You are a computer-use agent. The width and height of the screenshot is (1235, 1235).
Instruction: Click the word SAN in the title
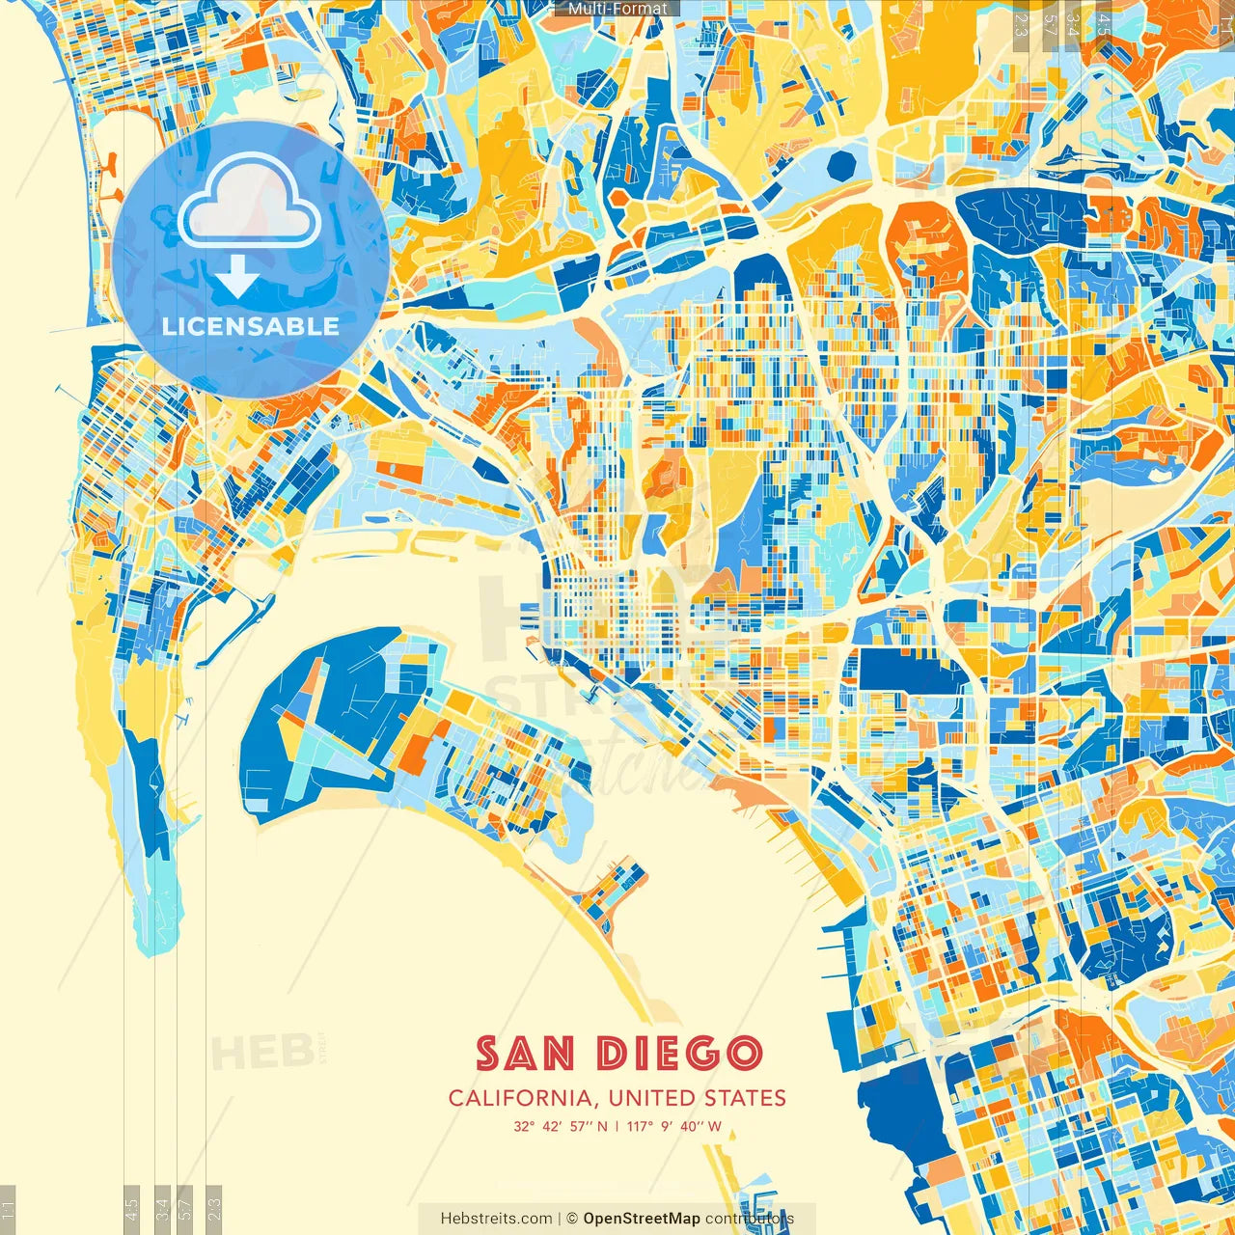[x=525, y=1054]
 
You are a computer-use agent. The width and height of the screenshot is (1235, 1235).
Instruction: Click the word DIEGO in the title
[x=679, y=1054]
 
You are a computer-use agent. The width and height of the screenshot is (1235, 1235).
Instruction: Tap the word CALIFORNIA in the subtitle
[x=520, y=1098]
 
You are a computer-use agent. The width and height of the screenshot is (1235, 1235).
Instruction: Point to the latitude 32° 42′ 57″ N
[x=561, y=1126]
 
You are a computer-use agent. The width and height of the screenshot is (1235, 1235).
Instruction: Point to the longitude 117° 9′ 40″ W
[x=674, y=1126]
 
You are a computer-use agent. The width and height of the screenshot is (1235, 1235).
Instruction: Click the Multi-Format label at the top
[x=617, y=9]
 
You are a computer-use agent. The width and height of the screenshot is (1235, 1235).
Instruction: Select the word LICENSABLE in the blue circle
[x=251, y=326]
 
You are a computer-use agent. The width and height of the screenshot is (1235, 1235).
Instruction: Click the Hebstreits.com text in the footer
[x=496, y=1219]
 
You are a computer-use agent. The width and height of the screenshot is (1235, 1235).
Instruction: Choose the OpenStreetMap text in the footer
[x=641, y=1219]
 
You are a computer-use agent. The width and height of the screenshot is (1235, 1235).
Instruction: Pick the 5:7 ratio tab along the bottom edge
[x=185, y=1206]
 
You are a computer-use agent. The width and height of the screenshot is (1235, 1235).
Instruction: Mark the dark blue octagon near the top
[x=841, y=165]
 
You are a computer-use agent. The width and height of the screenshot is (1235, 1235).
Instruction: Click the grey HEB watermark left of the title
[x=261, y=1053]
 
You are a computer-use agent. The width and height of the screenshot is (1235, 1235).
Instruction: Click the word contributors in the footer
[x=749, y=1219]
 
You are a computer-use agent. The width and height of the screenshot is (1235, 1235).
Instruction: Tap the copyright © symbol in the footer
[x=571, y=1219]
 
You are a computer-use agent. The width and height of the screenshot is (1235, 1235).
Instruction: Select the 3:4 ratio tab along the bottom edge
[x=162, y=1206]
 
